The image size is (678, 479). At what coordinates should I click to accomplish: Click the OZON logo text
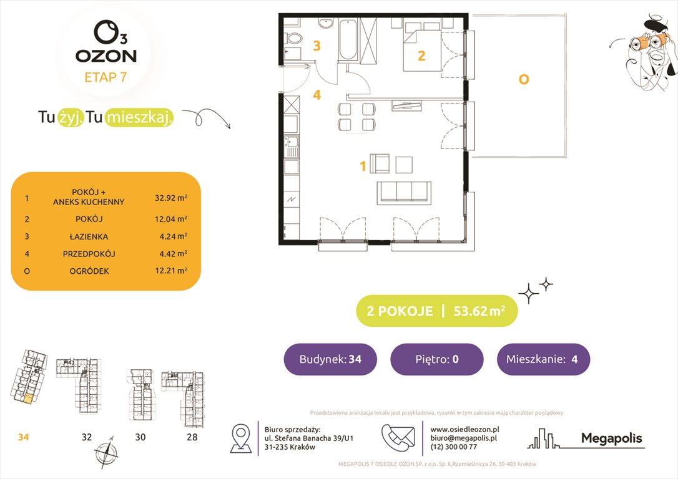point(106,56)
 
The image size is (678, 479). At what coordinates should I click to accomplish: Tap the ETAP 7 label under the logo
point(106,78)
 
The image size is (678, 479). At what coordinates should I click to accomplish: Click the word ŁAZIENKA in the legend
point(89,236)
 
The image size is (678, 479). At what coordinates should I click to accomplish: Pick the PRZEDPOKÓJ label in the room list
point(89,254)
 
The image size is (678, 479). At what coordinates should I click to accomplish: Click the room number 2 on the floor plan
point(421,56)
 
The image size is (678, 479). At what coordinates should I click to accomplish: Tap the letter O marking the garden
point(524,79)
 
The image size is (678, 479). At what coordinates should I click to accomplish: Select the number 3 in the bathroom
point(317,46)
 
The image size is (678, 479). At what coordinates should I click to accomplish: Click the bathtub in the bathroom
point(348,39)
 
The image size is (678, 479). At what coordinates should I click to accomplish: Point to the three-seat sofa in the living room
point(403,193)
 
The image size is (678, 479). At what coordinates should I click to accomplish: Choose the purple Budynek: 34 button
point(330,359)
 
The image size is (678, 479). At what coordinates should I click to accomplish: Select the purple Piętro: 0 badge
point(436,359)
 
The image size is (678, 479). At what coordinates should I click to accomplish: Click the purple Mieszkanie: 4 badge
point(543,359)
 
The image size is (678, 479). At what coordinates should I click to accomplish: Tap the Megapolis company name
point(611,438)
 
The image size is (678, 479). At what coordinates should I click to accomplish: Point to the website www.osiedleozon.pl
point(464,429)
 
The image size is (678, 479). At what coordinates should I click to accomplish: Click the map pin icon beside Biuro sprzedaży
point(241,438)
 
